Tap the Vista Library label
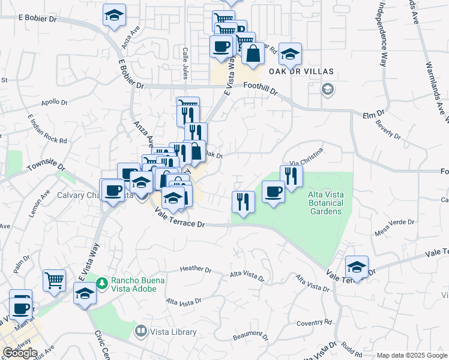click(174, 332)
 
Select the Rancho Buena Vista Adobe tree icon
click(102, 282)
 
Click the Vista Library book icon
click(140, 331)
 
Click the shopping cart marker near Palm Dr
click(54, 280)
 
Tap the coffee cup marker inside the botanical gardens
click(273, 192)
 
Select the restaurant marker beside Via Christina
click(291, 176)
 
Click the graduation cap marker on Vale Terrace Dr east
click(357, 267)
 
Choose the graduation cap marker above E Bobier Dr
click(114, 16)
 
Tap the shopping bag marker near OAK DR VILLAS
click(253, 53)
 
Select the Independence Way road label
click(382, 36)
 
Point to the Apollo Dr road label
click(54, 102)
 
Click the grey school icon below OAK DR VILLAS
click(327, 90)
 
